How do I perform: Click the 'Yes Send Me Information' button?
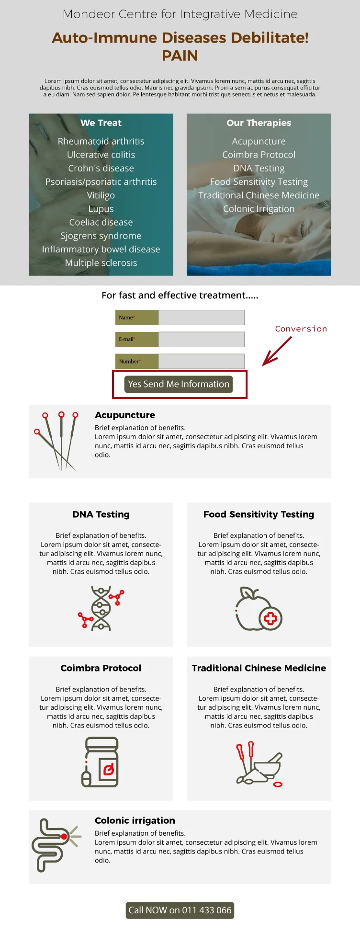coord(179,384)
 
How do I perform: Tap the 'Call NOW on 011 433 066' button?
coord(180,910)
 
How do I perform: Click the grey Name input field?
coord(201,318)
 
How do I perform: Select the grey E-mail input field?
coord(201,340)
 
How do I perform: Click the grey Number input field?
coord(201,362)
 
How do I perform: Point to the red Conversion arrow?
coord(277,351)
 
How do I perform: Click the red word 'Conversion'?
coord(301,329)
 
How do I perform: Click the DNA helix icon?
coord(101,608)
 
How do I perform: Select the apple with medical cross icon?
coord(259,609)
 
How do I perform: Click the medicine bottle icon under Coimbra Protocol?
coord(100,762)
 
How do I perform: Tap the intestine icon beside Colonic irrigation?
coord(56,845)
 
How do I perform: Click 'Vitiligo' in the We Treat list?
coord(101,195)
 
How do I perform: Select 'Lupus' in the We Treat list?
coord(101,209)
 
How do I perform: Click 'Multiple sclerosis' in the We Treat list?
coord(101,263)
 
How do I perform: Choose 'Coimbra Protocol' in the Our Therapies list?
coord(259,155)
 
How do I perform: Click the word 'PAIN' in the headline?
coord(180,56)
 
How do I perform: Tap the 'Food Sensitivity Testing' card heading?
coord(259,514)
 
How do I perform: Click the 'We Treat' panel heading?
coord(101,123)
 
